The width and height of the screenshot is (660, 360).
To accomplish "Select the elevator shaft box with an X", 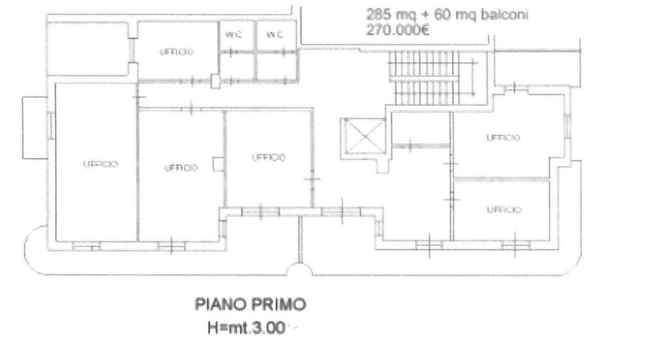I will click(364, 136).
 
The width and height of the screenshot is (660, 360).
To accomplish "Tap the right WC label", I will click(274, 35).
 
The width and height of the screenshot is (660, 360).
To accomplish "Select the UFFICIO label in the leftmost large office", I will click(101, 164).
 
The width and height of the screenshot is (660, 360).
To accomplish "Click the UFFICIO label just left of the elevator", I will click(268, 157).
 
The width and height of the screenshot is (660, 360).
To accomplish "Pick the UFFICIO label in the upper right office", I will click(503, 138).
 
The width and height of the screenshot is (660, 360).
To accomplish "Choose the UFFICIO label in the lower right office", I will click(503, 209).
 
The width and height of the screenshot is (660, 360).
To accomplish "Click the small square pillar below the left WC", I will click(216, 80).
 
